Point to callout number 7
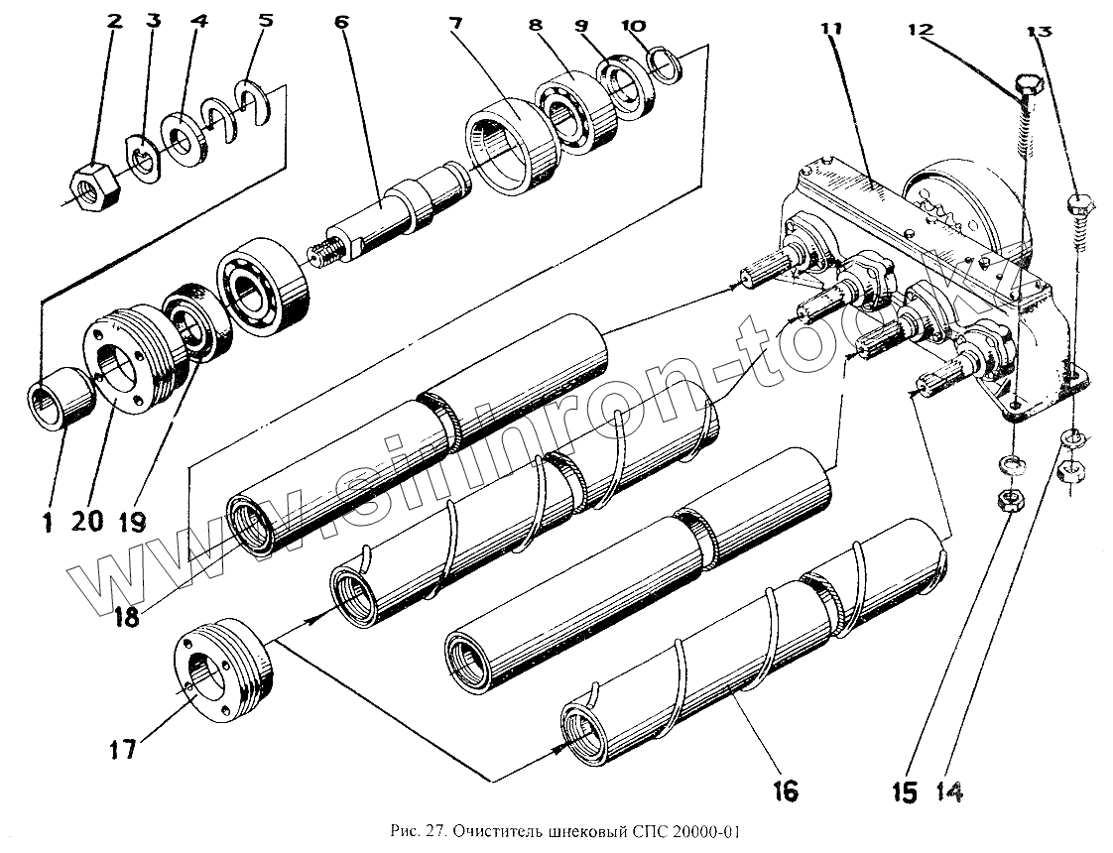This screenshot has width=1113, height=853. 455,22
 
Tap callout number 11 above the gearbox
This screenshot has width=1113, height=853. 830,29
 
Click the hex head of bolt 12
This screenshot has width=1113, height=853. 1028,86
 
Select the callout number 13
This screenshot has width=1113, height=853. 1039,31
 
